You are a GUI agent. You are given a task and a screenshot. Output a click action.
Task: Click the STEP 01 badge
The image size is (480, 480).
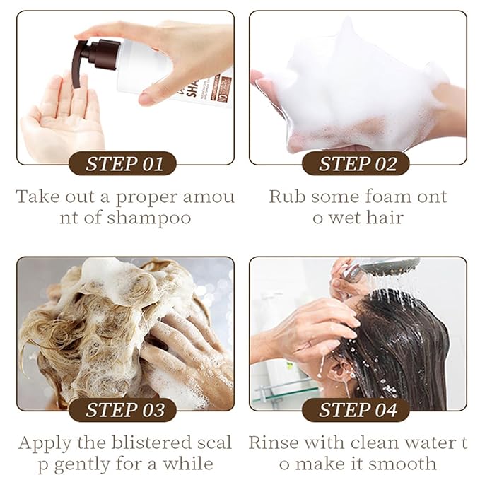124,165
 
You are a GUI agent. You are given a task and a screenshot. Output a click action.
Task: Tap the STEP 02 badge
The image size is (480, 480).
356,165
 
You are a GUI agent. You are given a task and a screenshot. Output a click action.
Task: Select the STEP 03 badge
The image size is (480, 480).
124,410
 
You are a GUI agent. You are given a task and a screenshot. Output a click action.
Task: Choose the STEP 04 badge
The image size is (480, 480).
356,410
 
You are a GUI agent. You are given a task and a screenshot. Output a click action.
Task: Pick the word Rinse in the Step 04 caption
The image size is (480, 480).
272,443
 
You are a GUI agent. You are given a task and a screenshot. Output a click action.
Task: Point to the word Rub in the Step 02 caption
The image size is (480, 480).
283,197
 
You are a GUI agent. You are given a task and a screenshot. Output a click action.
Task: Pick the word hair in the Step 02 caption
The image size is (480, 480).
383,218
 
